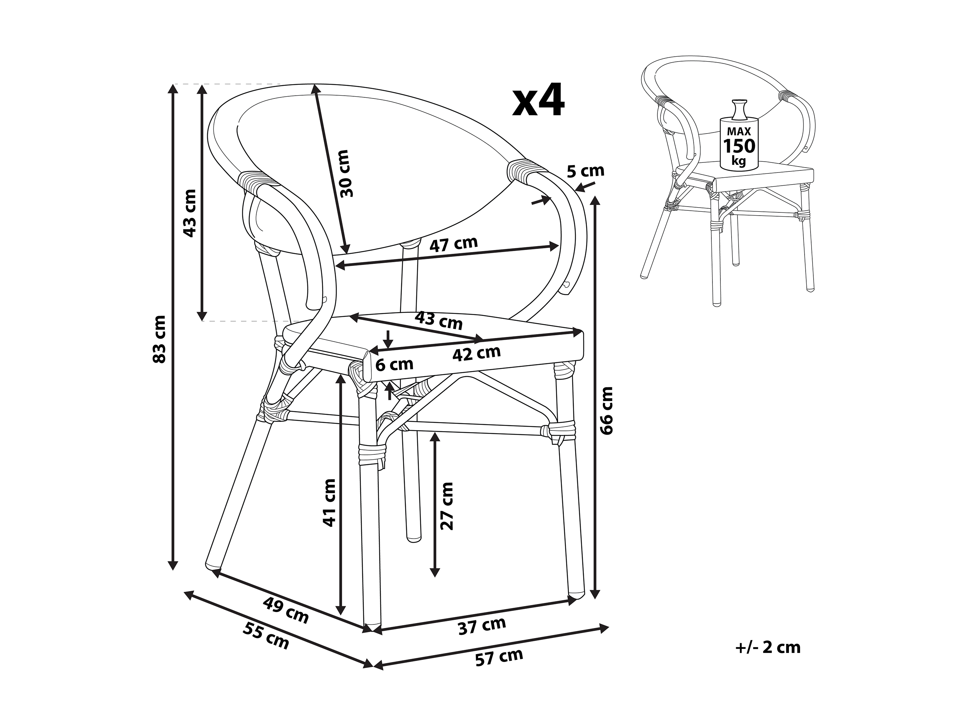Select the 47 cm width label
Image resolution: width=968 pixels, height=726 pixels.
point(453,245)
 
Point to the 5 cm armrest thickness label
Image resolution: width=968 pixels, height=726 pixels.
point(586,171)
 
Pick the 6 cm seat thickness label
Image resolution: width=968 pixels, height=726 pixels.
point(394,364)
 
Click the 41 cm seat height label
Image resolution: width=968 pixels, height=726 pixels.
point(329,502)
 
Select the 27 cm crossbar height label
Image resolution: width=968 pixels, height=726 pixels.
point(447,506)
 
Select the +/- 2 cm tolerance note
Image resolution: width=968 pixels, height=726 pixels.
point(768,647)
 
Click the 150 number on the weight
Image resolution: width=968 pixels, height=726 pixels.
point(739,146)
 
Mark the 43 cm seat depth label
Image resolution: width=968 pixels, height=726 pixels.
point(438,320)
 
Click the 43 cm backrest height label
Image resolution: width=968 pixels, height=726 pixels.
point(189,213)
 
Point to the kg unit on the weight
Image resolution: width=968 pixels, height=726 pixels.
point(739,161)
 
